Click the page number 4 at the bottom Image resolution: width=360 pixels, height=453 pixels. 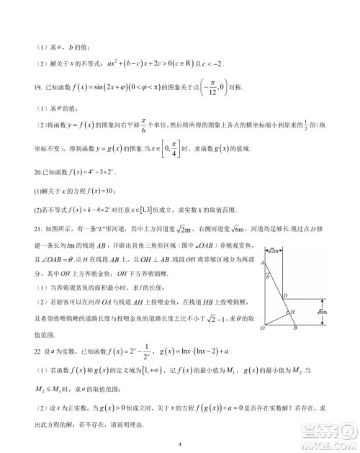180,443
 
